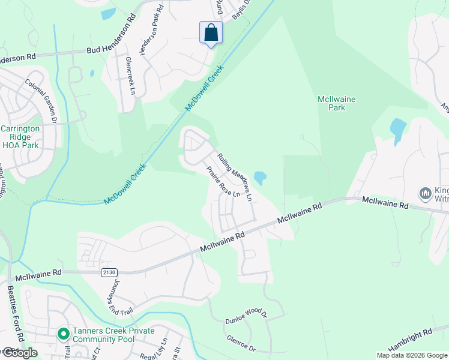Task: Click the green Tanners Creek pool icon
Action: pos(62,333)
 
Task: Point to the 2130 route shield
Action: pos(108,272)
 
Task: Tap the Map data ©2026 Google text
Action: pos(412,355)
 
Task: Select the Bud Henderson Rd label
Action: pos(111,51)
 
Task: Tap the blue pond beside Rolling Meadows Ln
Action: pos(260,178)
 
